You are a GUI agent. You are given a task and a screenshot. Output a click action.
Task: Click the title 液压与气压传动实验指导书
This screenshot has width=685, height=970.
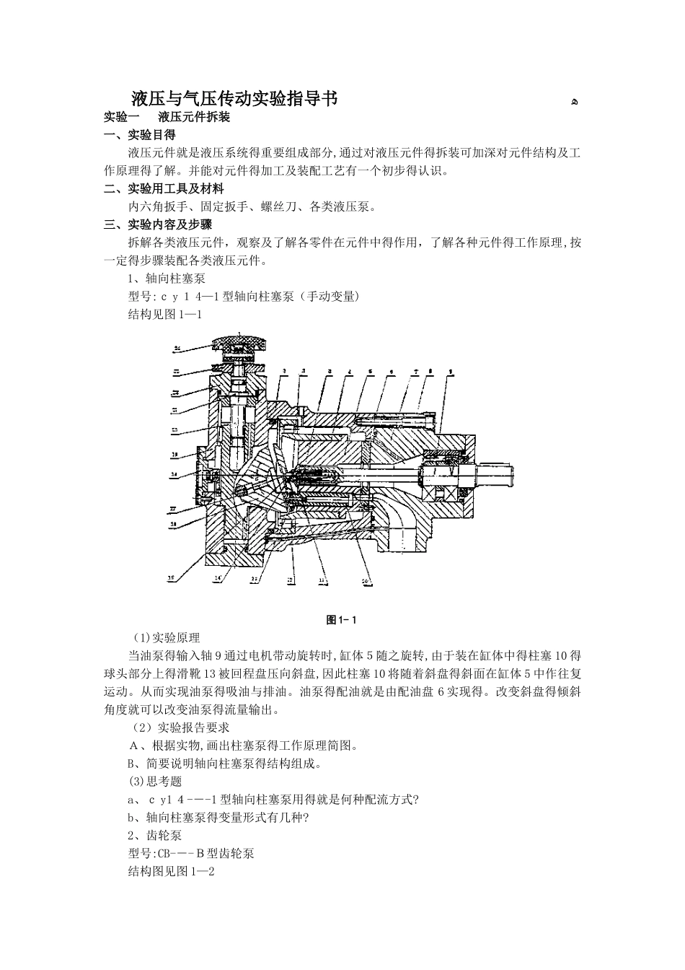tap(234, 99)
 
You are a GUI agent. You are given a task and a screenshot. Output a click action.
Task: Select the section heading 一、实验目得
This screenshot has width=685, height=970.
tap(140, 135)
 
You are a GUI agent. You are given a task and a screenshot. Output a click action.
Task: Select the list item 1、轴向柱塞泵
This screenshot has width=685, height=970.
tap(166, 279)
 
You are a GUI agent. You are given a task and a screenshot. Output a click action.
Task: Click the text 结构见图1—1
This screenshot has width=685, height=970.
tap(164, 315)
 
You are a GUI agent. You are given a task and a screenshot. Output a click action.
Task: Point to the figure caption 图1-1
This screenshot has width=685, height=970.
tap(342, 620)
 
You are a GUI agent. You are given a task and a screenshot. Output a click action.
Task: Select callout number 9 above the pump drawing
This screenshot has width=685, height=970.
tap(450, 372)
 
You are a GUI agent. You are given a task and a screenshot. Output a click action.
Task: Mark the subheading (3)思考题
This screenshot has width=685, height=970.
tap(154, 781)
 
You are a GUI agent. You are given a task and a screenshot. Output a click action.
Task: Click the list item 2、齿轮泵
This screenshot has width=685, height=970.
tap(154, 835)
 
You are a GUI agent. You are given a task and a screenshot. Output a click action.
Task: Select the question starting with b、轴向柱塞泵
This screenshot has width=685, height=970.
tap(218, 817)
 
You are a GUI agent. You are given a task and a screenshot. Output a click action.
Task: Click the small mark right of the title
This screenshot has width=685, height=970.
tap(574, 101)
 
